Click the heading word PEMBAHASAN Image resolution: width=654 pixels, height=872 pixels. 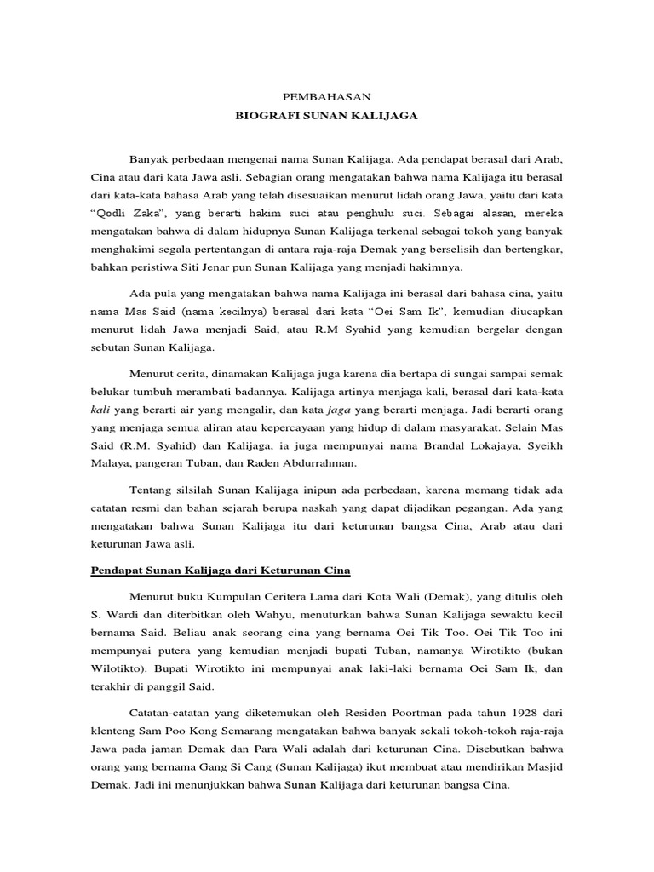tap(327, 96)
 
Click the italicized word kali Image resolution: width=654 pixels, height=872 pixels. tap(101, 410)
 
